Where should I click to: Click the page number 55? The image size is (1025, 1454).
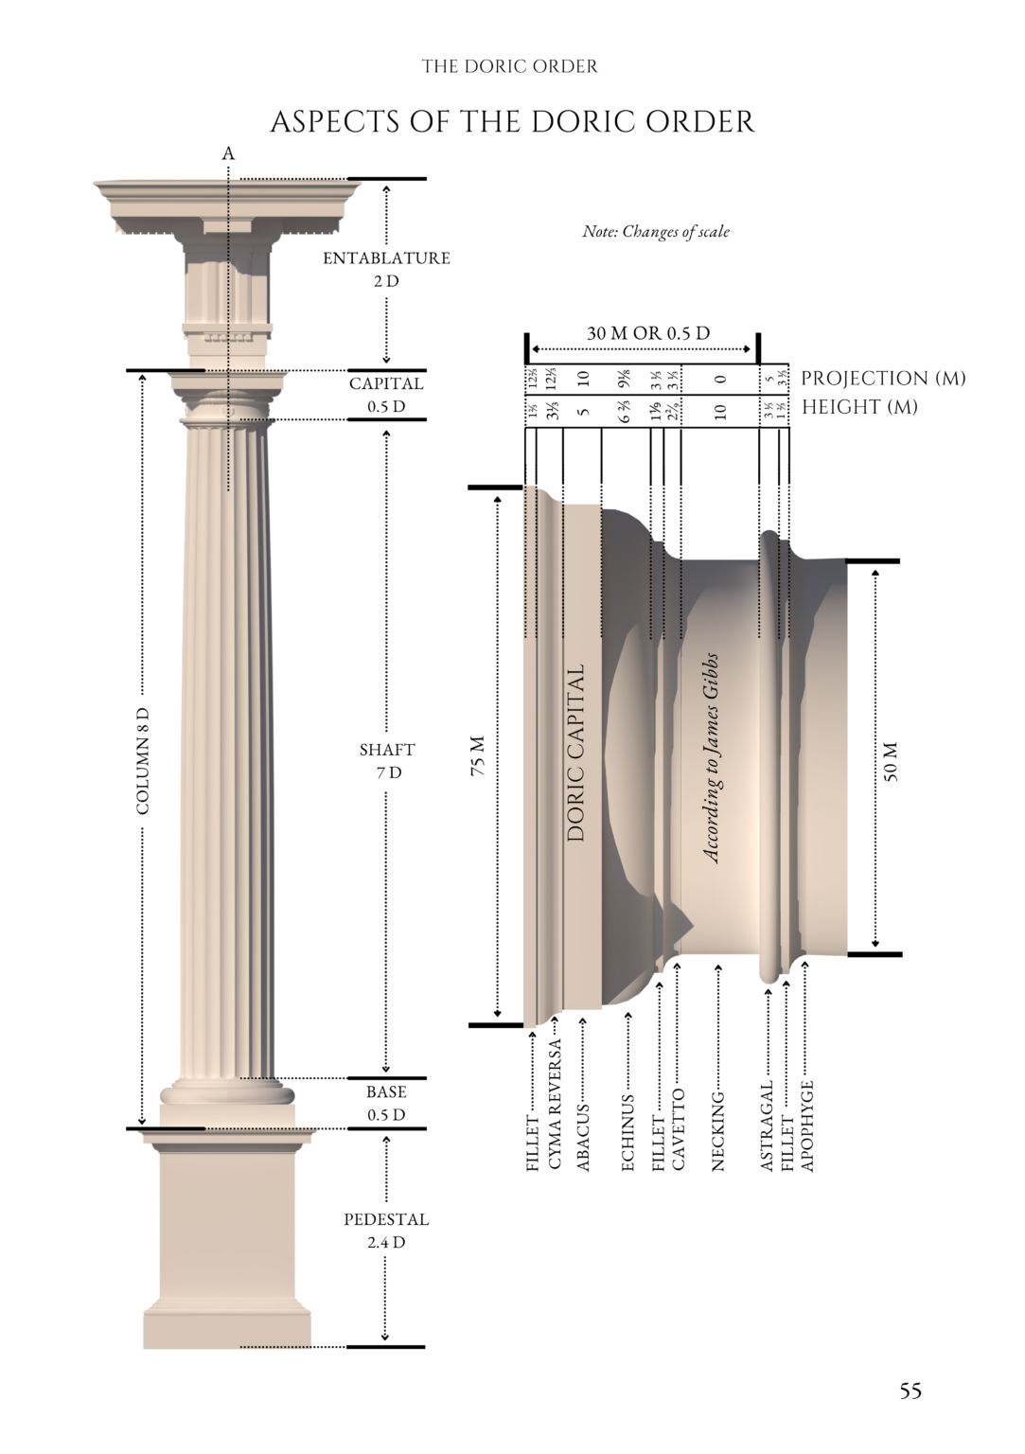[x=910, y=1391]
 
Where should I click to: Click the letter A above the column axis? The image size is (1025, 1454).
[x=228, y=153]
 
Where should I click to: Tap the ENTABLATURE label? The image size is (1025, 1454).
[x=386, y=258]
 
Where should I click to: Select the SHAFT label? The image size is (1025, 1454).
[x=387, y=750]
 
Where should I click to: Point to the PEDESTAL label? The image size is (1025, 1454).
[x=386, y=1219]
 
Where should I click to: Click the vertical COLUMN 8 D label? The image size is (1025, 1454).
[x=143, y=760]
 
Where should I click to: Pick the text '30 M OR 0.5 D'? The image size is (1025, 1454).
[x=648, y=333]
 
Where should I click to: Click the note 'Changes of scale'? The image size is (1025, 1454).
[x=656, y=231]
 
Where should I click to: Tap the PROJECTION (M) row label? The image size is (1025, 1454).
[x=883, y=379]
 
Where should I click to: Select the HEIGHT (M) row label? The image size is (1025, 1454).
[x=859, y=407]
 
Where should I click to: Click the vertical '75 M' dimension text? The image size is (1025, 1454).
[x=479, y=755]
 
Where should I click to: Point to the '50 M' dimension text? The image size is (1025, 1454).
[x=891, y=761]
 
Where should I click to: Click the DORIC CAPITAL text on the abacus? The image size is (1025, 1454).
[x=576, y=753]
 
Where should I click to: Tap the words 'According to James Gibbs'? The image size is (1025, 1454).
[x=712, y=757]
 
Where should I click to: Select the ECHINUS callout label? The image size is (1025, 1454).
[x=628, y=1133]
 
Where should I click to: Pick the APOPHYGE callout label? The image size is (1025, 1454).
[x=807, y=1126]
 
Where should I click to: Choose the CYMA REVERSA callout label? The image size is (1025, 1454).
[x=556, y=1104]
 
